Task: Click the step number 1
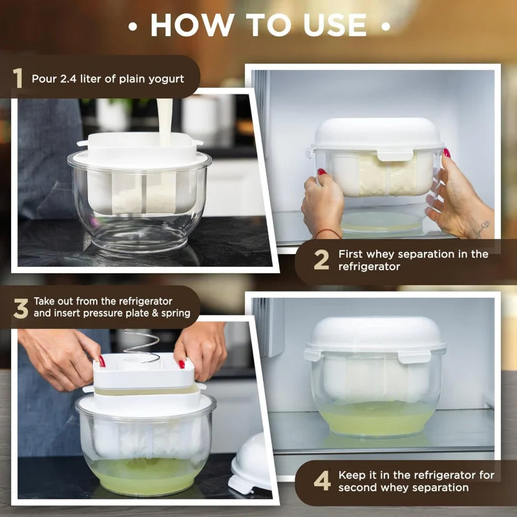coord(18,79)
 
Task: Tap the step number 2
coord(321,260)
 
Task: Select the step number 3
coord(21,308)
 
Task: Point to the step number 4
coord(322,481)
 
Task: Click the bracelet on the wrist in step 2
coord(328,232)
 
